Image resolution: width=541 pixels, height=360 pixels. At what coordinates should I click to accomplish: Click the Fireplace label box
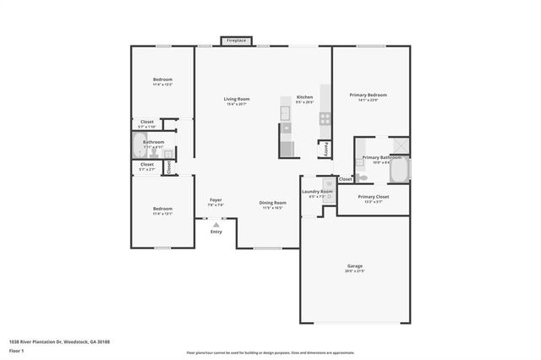pyautogui.click(x=236, y=40)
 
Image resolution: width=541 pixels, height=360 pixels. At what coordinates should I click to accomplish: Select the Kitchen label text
pyautogui.click(x=305, y=97)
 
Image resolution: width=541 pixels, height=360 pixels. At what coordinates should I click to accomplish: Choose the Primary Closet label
pyautogui.click(x=372, y=197)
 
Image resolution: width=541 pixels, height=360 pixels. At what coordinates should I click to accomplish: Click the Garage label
pyautogui.click(x=355, y=265)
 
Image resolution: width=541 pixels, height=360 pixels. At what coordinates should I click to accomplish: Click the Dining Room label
pyautogui.click(x=271, y=203)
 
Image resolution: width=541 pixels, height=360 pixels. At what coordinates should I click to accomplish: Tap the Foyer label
pyautogui.click(x=216, y=200)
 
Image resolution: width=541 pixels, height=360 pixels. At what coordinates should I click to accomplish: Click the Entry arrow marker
pyautogui.click(x=216, y=224)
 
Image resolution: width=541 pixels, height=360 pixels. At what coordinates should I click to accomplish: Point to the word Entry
pyautogui.click(x=216, y=232)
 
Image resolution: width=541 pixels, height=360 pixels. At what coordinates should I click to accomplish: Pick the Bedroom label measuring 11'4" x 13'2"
pyautogui.click(x=162, y=81)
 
